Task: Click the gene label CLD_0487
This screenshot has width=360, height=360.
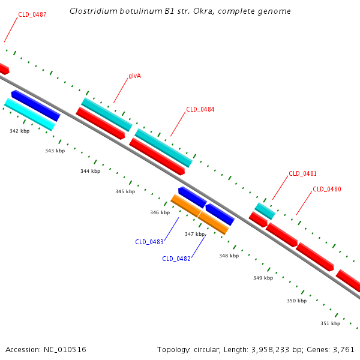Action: pyautogui.click(x=32, y=14)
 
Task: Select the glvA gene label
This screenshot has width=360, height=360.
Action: pyautogui.click(x=134, y=76)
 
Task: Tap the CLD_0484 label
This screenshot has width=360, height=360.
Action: pyautogui.click(x=200, y=109)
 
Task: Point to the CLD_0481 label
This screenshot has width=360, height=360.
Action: pyautogui.click(x=302, y=173)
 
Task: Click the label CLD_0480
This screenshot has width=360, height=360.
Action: pyautogui.click(x=326, y=189)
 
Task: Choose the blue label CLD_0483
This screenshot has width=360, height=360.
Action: pyautogui.click(x=149, y=242)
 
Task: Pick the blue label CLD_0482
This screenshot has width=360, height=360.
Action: pyautogui.click(x=176, y=259)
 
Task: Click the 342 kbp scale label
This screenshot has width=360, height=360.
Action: pyautogui.click(x=19, y=130)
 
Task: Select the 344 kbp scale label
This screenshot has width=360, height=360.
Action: pyautogui.click(x=90, y=171)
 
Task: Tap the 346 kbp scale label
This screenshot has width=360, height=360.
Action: pyautogui.click(x=160, y=212)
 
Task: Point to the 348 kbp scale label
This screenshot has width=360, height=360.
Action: pyautogui.click(x=229, y=256)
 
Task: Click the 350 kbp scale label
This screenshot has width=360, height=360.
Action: pyautogui.click(x=296, y=301)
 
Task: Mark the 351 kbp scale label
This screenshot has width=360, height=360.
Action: pyautogui.click(x=330, y=323)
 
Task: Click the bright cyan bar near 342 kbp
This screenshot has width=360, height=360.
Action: pyautogui.click(x=29, y=114)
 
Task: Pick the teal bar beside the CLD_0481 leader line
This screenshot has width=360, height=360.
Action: pyautogui.click(x=265, y=211)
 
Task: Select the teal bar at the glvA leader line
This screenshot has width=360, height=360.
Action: pyautogui.click(x=106, y=114)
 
